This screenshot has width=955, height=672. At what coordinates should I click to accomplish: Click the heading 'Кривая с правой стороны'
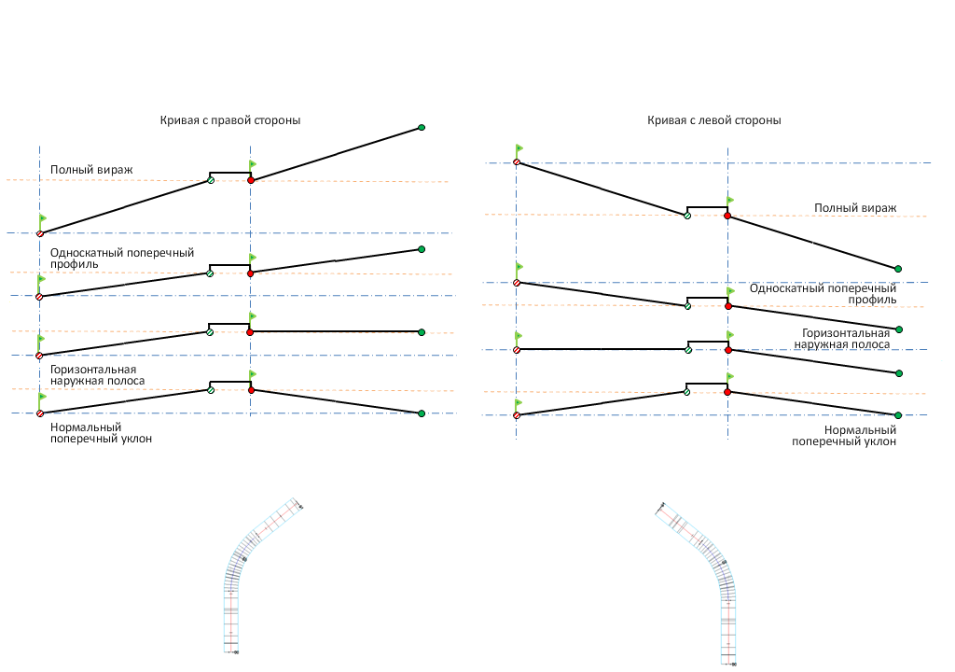click(229, 120)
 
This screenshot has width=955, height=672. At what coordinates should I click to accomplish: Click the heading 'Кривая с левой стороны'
click(713, 120)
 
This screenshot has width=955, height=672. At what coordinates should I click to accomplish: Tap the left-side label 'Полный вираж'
click(91, 170)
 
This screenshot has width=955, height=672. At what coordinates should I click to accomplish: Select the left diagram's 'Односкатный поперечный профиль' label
click(122, 259)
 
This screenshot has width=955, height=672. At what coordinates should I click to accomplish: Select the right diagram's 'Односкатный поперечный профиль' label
click(823, 294)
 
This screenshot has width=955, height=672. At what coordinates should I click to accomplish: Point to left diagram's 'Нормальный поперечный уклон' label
click(101, 432)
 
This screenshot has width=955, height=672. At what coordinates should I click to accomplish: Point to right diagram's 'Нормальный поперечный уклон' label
click(844, 436)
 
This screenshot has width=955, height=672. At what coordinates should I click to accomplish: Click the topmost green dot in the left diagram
click(422, 127)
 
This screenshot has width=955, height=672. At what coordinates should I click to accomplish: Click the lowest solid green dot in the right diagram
click(898, 414)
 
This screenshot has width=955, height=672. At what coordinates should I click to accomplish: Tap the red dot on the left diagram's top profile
click(251, 179)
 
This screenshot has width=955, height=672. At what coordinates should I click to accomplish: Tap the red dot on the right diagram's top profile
click(727, 217)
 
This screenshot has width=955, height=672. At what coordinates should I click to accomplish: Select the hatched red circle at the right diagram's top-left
click(516, 162)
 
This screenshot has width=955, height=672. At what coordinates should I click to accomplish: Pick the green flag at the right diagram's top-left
click(519, 147)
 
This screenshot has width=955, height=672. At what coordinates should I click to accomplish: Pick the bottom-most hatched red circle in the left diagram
click(39, 413)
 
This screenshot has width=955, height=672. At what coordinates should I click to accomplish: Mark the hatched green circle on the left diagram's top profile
click(211, 179)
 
